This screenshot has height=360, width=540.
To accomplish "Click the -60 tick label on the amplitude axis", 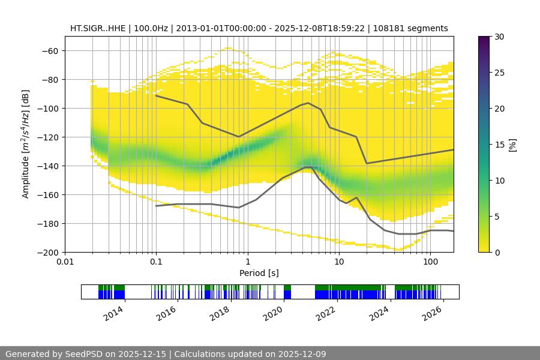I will [x=49, y=50].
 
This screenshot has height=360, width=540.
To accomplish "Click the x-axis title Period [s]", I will [x=259, y=273].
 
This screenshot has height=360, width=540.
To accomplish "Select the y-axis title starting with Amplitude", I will [x=26, y=144].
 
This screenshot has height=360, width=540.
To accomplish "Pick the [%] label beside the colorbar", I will [x=512, y=145].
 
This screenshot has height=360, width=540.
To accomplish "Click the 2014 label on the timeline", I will [x=114, y=313].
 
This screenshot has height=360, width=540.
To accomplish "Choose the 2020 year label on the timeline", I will [x=274, y=313].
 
